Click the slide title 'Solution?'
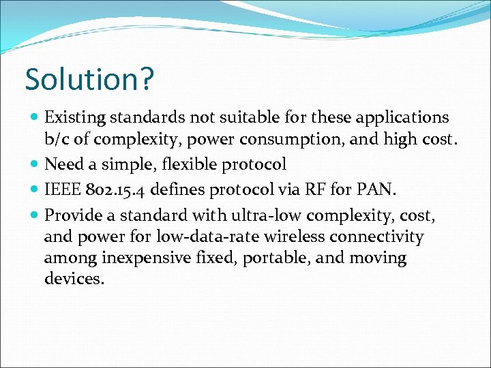[89, 79]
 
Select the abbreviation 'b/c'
[57, 141]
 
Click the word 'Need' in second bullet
[63, 164]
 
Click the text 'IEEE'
[63, 189]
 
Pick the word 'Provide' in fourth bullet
[72, 215]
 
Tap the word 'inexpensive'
[144, 259]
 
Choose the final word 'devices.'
[74, 279]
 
